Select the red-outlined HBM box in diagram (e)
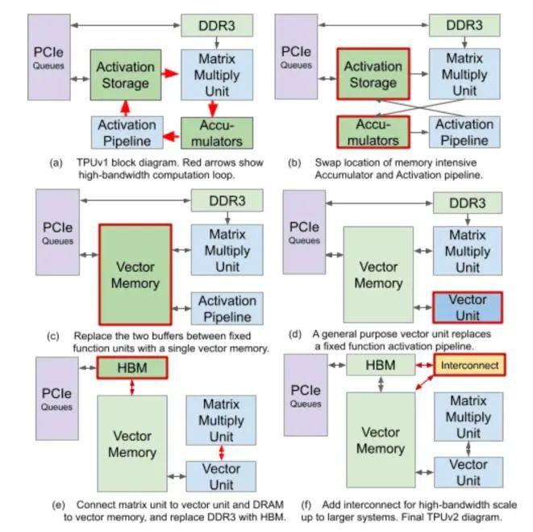click(x=131, y=367)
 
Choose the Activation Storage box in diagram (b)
click(x=373, y=75)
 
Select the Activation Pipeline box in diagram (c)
click(x=227, y=309)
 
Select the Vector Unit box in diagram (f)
click(x=468, y=472)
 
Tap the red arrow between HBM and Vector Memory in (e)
click(x=132, y=387)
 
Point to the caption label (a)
click(x=56, y=162)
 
